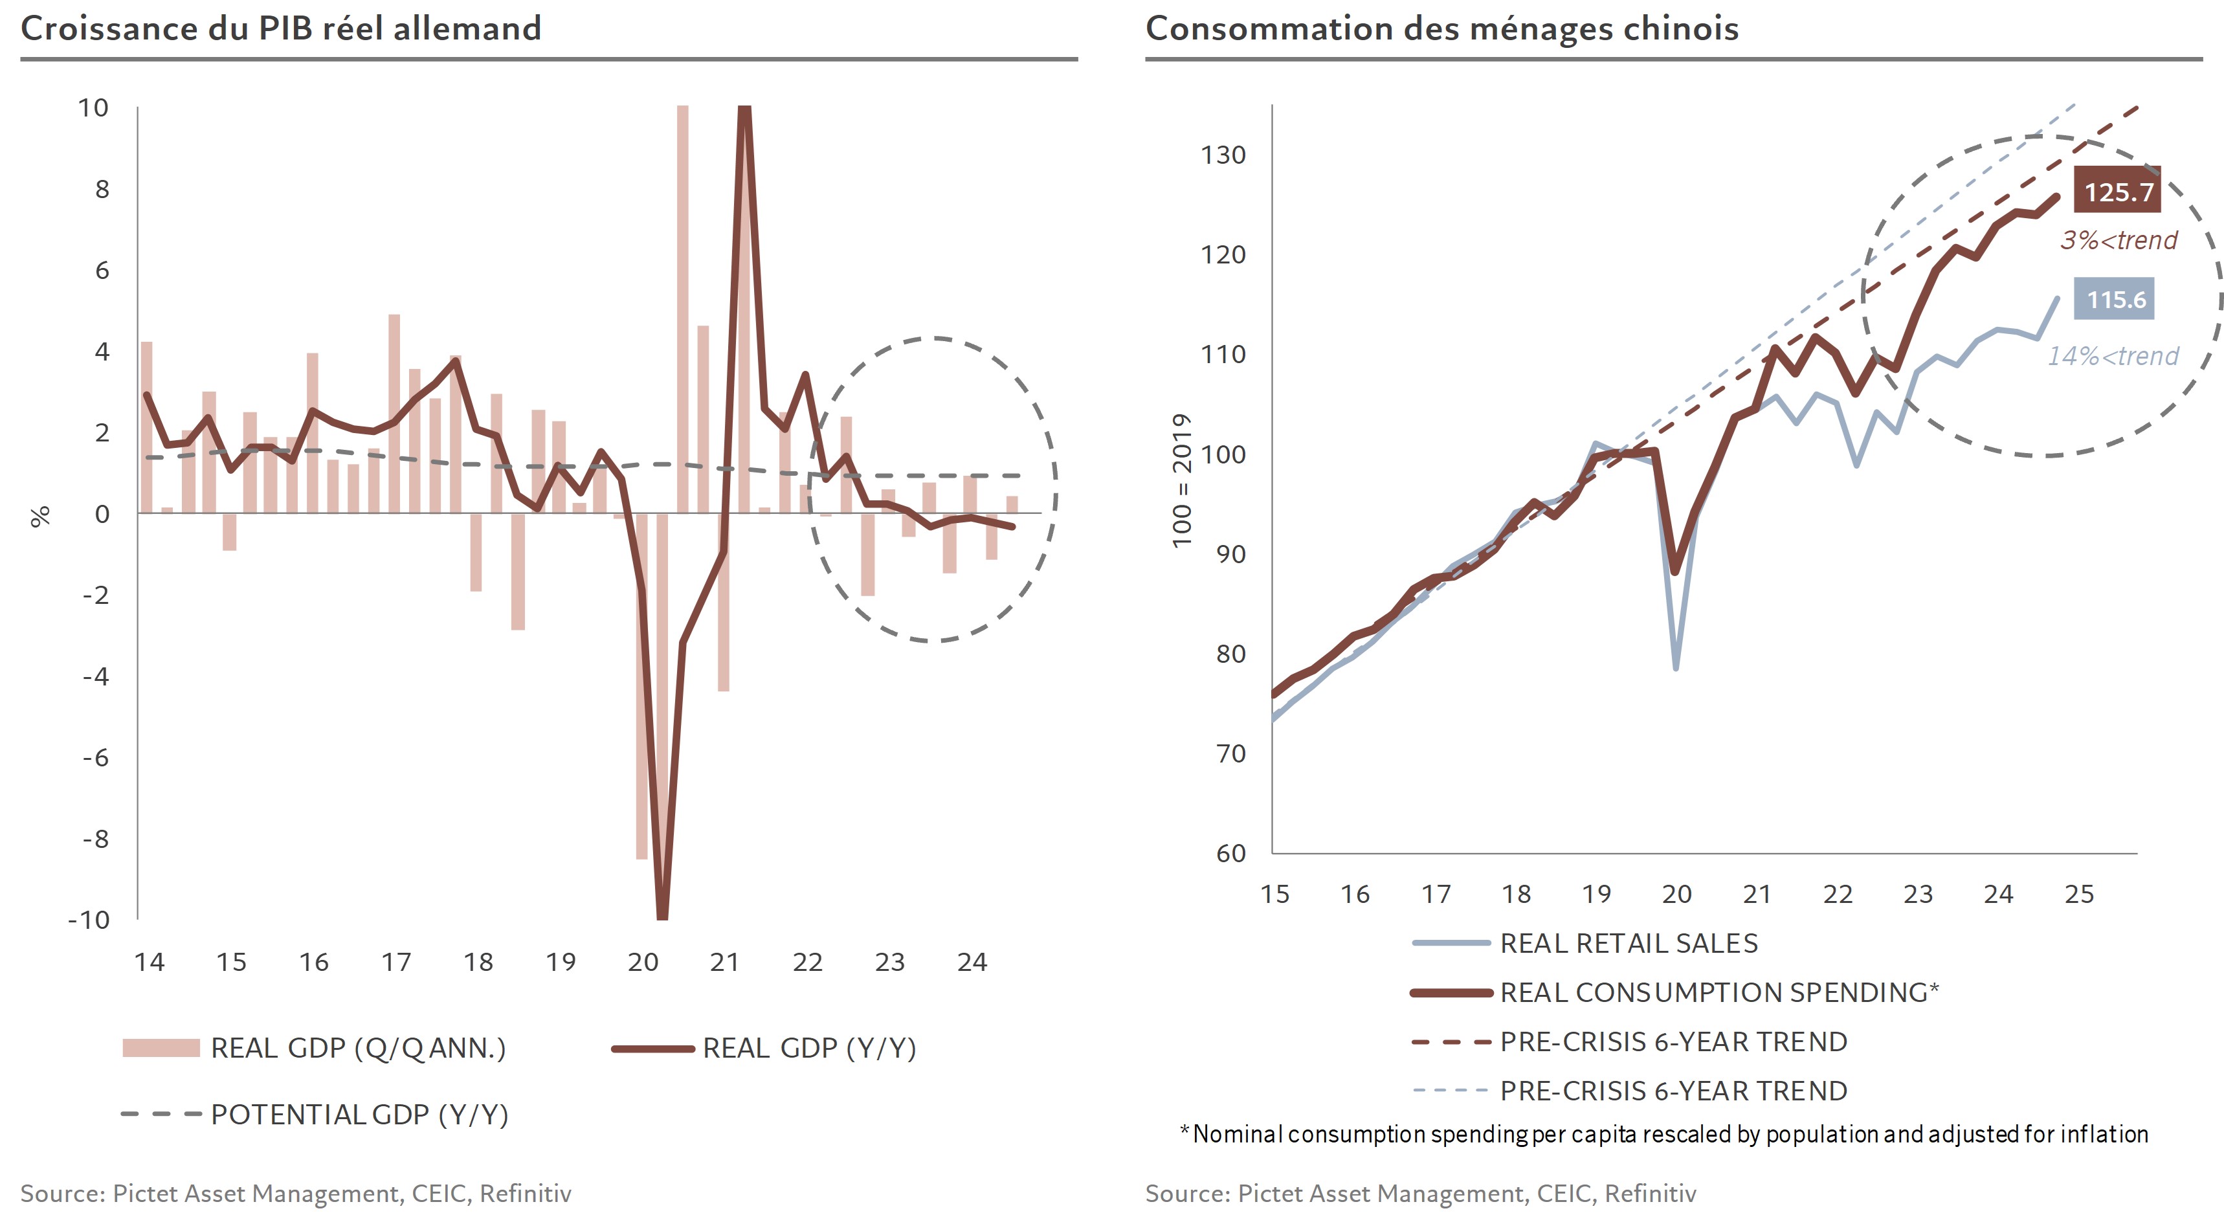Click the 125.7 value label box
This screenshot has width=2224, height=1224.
pos(2117,191)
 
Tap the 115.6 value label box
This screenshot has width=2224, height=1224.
pos(2115,300)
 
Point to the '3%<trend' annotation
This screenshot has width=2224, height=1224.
pos(2118,240)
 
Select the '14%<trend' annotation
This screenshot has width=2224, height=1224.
pos(2113,355)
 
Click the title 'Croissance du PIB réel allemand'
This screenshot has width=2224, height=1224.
pos(281,28)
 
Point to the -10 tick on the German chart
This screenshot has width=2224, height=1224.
pos(89,919)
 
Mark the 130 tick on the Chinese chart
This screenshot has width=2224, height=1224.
pos(1223,155)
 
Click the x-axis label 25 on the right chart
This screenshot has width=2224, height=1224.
pos(2079,895)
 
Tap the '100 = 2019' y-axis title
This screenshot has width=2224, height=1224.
pos(1181,480)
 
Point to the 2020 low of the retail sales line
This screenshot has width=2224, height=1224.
pos(1676,667)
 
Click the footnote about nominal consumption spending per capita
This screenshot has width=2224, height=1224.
pos(1663,1133)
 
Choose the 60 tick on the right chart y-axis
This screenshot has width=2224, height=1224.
pos(1230,854)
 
